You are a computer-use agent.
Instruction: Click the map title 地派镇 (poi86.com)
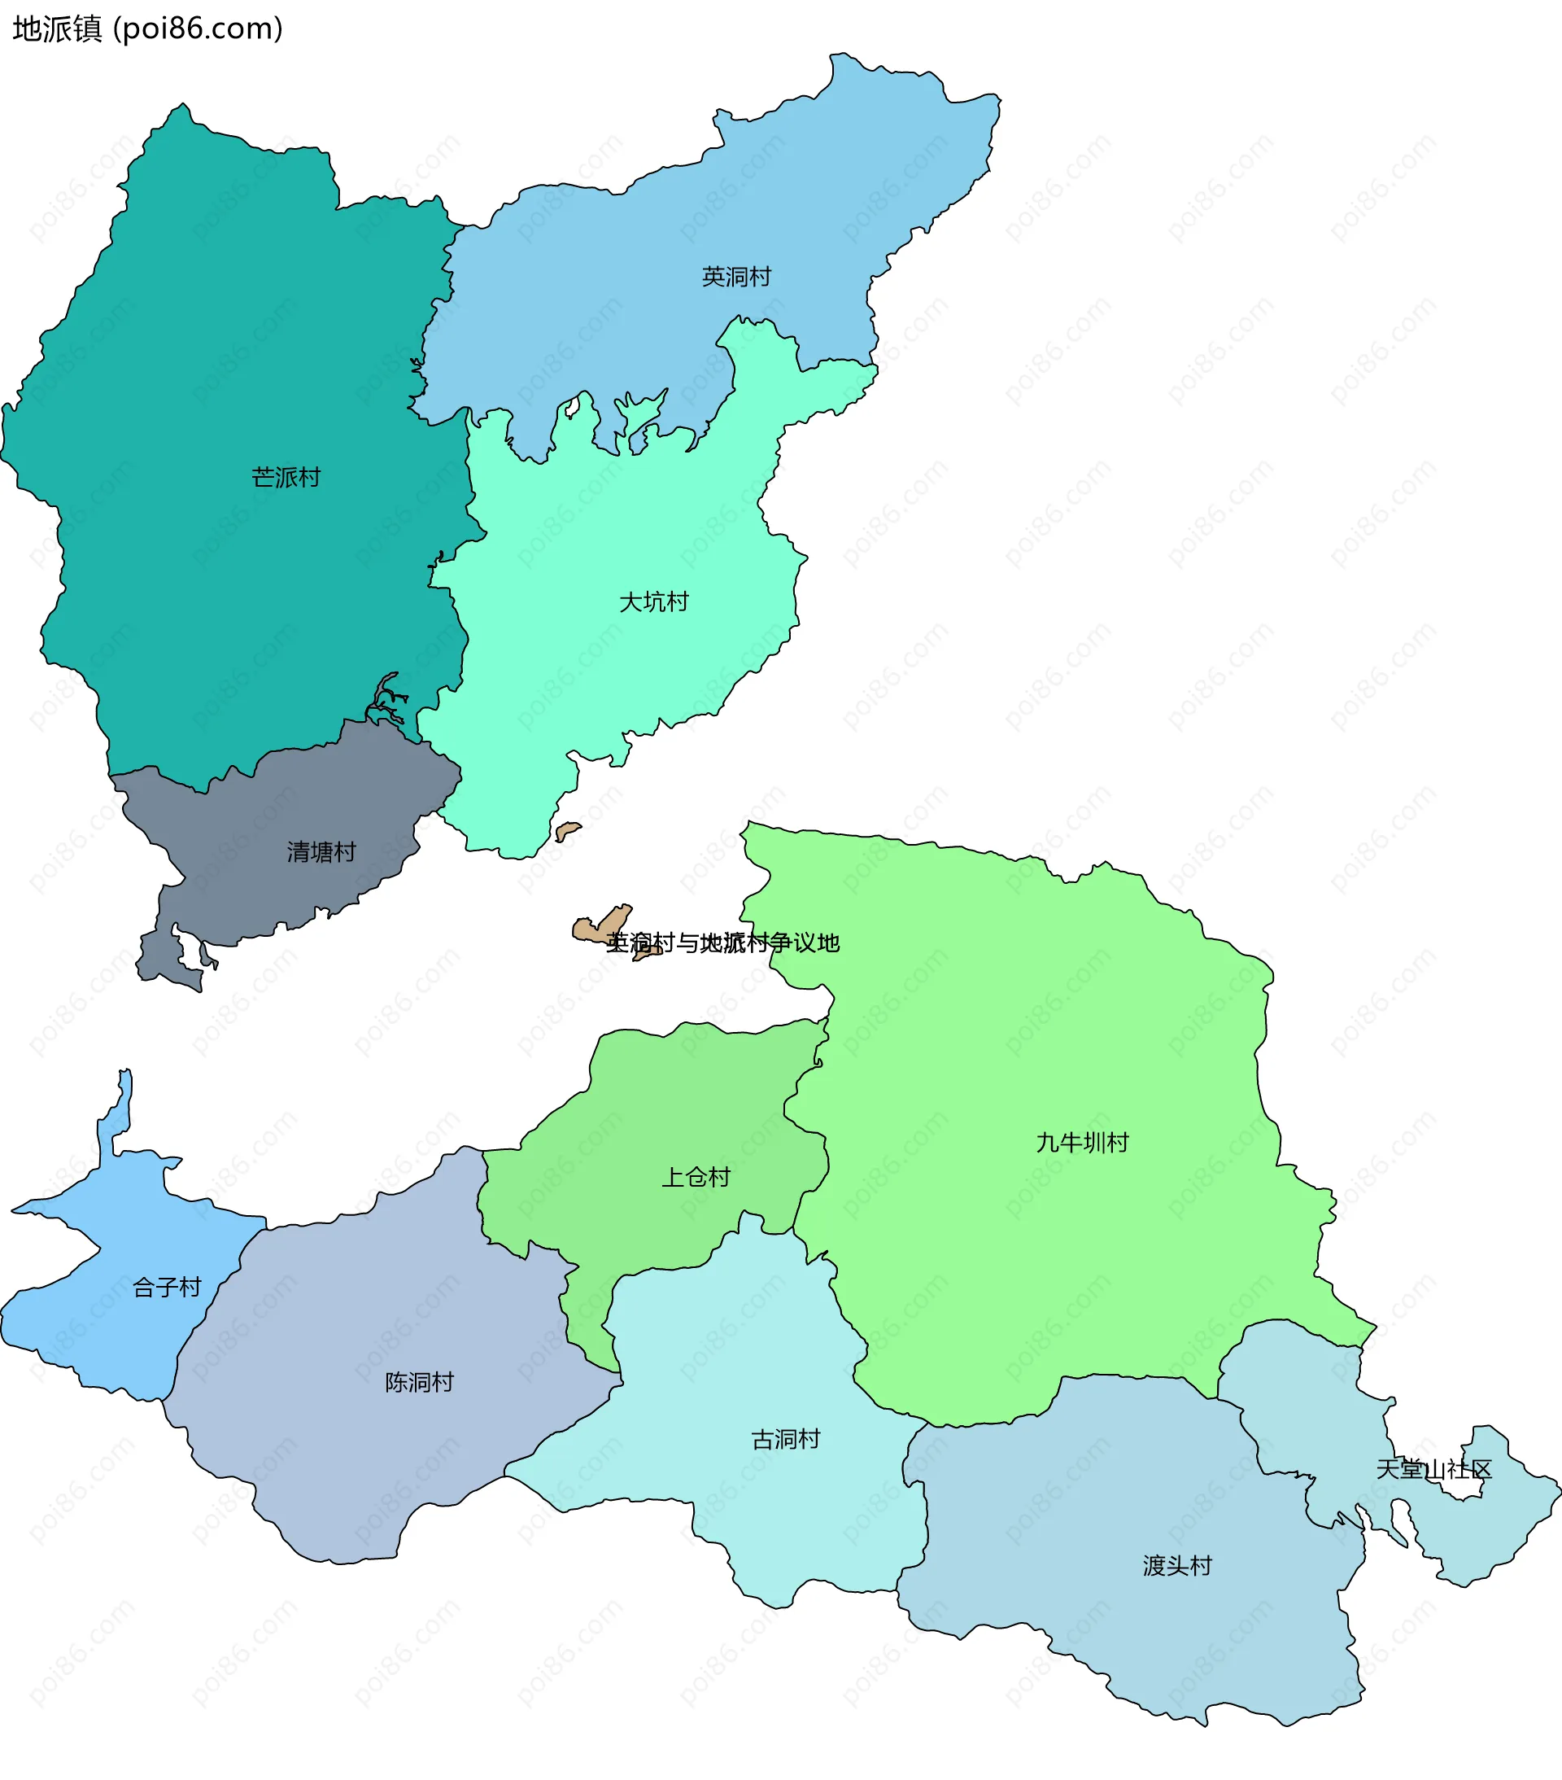point(148,28)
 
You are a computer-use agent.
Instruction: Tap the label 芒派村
point(286,477)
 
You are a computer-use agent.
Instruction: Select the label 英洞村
point(736,277)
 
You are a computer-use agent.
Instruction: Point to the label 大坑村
point(653,601)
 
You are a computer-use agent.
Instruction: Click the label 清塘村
point(321,851)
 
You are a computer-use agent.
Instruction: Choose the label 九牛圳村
point(1082,1143)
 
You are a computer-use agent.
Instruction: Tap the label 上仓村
point(696,1178)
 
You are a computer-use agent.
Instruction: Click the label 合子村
point(166,1287)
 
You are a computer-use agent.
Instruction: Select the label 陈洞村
point(419,1382)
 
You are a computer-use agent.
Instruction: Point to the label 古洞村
point(785,1440)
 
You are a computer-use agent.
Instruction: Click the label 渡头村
point(1177,1566)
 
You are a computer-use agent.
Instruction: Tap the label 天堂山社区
point(1434,1469)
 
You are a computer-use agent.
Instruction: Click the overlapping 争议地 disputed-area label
point(722,942)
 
